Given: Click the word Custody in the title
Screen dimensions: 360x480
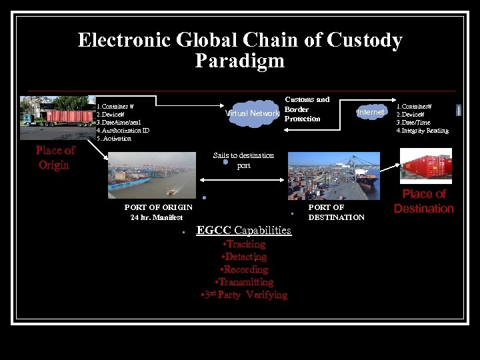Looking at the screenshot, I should coord(365,41).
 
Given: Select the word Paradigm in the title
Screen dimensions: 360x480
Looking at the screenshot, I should coord(239,61).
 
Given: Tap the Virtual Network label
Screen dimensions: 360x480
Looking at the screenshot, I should coord(253,113).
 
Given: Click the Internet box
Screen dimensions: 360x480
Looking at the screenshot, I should coord(371,113).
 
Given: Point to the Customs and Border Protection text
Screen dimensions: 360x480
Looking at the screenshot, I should coord(306,109).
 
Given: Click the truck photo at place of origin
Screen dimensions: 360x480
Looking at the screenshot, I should coord(57,111).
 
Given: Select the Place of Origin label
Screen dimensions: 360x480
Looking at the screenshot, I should coord(55,157).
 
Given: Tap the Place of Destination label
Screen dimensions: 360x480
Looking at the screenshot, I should coord(423,201).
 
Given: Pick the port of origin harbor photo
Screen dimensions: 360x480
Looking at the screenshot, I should coord(152,175).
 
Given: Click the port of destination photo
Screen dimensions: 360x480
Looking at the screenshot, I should coord(333,175).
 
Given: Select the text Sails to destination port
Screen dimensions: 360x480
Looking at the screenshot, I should coord(243,160).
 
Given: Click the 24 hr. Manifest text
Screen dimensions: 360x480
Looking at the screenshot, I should coord(157,217).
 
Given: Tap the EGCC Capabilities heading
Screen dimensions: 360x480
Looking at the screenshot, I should coord(243,231).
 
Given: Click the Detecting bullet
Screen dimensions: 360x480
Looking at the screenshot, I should coord(243,257).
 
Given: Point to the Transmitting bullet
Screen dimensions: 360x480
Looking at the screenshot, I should coord(243,282).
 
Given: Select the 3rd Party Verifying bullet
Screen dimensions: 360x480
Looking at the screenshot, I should coord(243,295).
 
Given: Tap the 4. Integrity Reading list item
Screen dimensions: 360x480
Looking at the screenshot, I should coord(423,131).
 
